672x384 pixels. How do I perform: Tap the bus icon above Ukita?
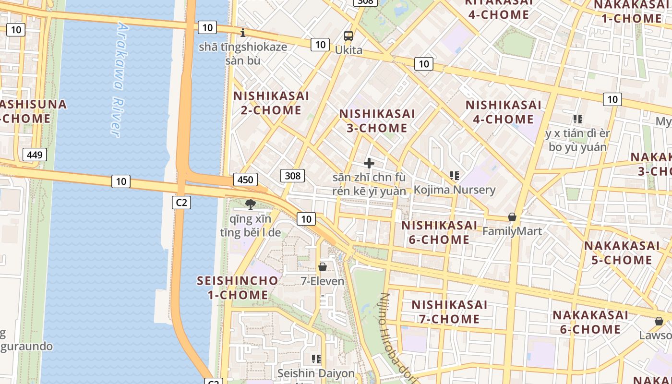click(348, 36)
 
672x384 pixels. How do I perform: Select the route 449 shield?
click(35, 155)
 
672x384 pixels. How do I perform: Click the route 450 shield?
click(245, 180)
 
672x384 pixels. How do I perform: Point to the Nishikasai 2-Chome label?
click(271, 103)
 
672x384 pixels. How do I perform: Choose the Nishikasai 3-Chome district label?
click(377, 121)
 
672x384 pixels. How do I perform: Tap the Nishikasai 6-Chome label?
click(439, 232)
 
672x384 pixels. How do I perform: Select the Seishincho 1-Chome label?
click(238, 288)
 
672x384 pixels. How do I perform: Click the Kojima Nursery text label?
click(454, 190)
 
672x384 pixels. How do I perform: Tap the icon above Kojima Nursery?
click(454, 176)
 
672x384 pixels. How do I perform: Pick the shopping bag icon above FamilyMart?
click(512, 217)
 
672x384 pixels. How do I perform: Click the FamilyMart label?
click(512, 231)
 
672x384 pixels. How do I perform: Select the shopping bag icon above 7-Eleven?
click(323, 266)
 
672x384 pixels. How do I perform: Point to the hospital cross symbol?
click(369, 163)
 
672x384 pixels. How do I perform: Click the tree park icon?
click(250, 204)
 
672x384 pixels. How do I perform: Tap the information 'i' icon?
click(243, 33)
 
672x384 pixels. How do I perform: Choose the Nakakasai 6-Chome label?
click(590, 322)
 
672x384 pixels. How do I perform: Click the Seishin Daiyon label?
click(316, 373)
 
